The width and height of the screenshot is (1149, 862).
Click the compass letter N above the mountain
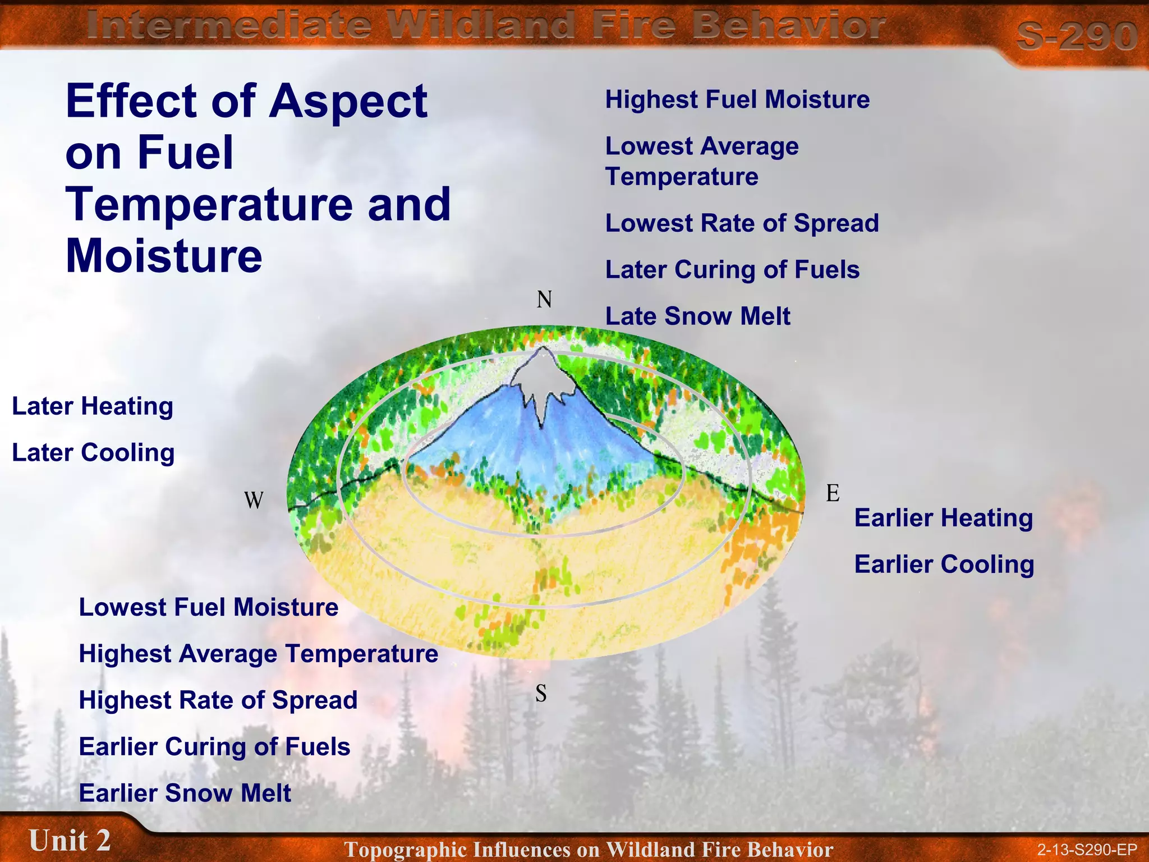tap(544, 300)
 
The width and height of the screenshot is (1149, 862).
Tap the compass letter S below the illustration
tap(541, 694)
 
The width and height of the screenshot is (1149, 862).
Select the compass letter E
tap(833, 493)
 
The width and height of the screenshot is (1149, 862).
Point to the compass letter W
tap(254, 500)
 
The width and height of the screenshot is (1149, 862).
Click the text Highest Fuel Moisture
tap(737, 100)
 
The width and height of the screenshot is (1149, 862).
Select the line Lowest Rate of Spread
tap(742, 223)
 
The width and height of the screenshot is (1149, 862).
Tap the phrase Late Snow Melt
tap(697, 317)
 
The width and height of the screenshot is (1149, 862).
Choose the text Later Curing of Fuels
tap(732, 270)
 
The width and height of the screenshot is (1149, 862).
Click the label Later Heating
tap(93, 406)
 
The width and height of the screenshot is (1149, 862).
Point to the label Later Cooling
tap(93, 453)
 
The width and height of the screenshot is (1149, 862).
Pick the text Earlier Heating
tap(943, 518)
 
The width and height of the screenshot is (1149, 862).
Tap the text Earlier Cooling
tap(944, 565)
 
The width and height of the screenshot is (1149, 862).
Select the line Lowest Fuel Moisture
tap(209, 607)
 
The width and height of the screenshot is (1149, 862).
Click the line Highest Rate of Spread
tap(218, 700)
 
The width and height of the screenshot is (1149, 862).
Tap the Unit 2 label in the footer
tap(70, 841)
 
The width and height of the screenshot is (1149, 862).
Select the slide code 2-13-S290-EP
tap(1086, 850)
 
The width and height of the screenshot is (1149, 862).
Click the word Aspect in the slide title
tap(348, 101)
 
